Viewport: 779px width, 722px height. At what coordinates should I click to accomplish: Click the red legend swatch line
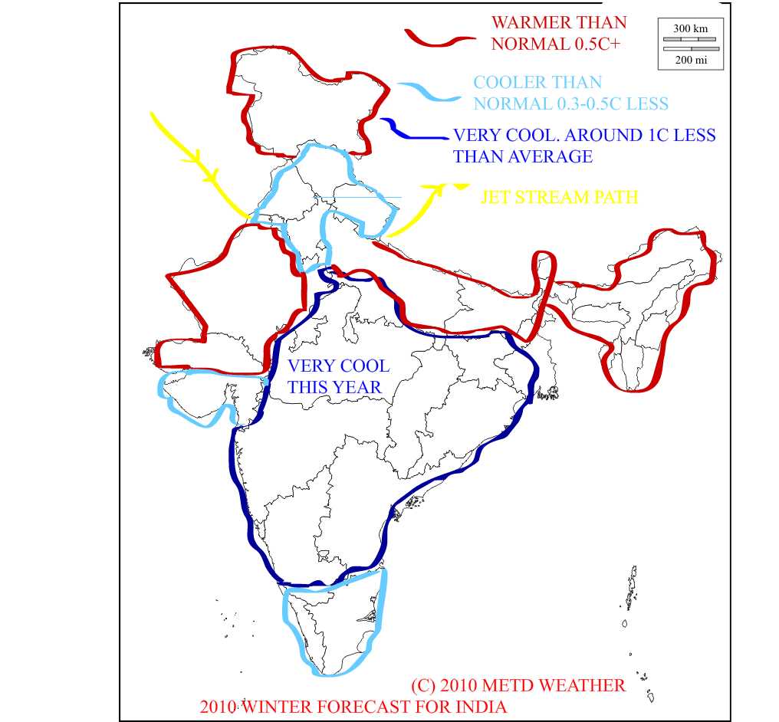440,40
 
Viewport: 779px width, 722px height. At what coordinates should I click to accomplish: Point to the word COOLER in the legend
510,82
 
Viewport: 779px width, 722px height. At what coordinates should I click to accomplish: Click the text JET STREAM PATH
559,197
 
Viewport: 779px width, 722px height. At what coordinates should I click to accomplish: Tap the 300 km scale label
690,28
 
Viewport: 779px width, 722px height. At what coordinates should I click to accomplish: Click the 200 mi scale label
690,59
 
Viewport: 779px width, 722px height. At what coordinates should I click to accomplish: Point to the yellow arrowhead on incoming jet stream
207,170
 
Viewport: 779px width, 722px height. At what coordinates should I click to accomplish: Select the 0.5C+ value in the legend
597,44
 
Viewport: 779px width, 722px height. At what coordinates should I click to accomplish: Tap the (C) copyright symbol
425,684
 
